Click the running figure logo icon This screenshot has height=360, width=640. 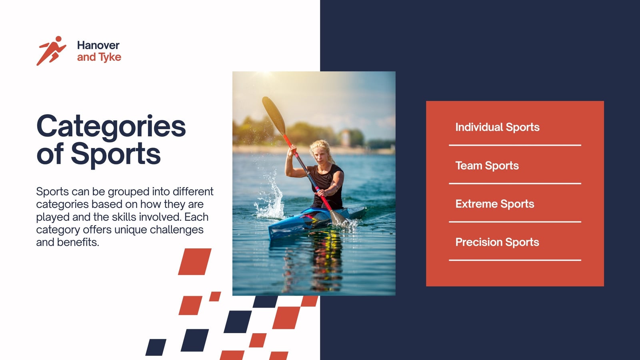(x=52, y=51)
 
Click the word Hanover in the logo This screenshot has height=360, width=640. (x=98, y=45)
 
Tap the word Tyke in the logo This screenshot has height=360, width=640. (x=110, y=57)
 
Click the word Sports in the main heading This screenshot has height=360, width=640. (x=116, y=154)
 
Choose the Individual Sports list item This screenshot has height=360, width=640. (x=498, y=128)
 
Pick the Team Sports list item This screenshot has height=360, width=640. (x=487, y=166)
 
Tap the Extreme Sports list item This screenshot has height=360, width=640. (x=495, y=204)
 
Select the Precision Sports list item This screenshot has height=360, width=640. (x=498, y=242)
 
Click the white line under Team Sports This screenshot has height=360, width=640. (x=515, y=184)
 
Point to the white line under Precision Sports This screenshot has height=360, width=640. (x=515, y=260)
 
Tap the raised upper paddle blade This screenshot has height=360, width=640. (x=274, y=115)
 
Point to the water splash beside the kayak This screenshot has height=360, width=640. (x=270, y=197)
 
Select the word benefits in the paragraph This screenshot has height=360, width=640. (x=78, y=242)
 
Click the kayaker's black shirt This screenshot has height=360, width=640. (x=326, y=186)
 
